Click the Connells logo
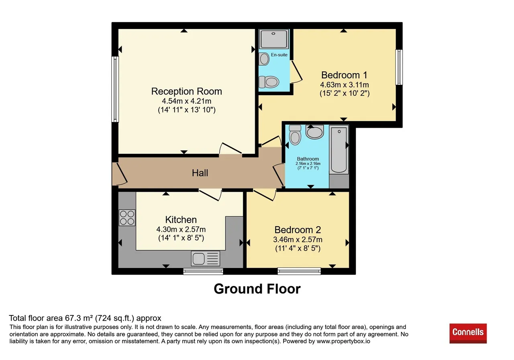(468, 333)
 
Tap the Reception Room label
(186, 91)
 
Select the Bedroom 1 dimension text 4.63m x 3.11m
(345, 85)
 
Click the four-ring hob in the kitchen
(127, 218)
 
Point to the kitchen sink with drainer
(205, 258)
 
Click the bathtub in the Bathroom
(339, 149)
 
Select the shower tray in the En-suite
(273, 39)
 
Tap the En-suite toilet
(269, 82)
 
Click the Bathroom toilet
(295, 135)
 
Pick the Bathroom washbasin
(314, 132)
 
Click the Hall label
(200, 173)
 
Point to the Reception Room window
(115, 89)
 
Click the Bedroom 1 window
(399, 67)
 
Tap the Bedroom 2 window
(299, 271)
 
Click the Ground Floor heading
(257, 288)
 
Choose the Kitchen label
(181, 220)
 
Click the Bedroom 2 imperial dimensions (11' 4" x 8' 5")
(298, 248)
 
